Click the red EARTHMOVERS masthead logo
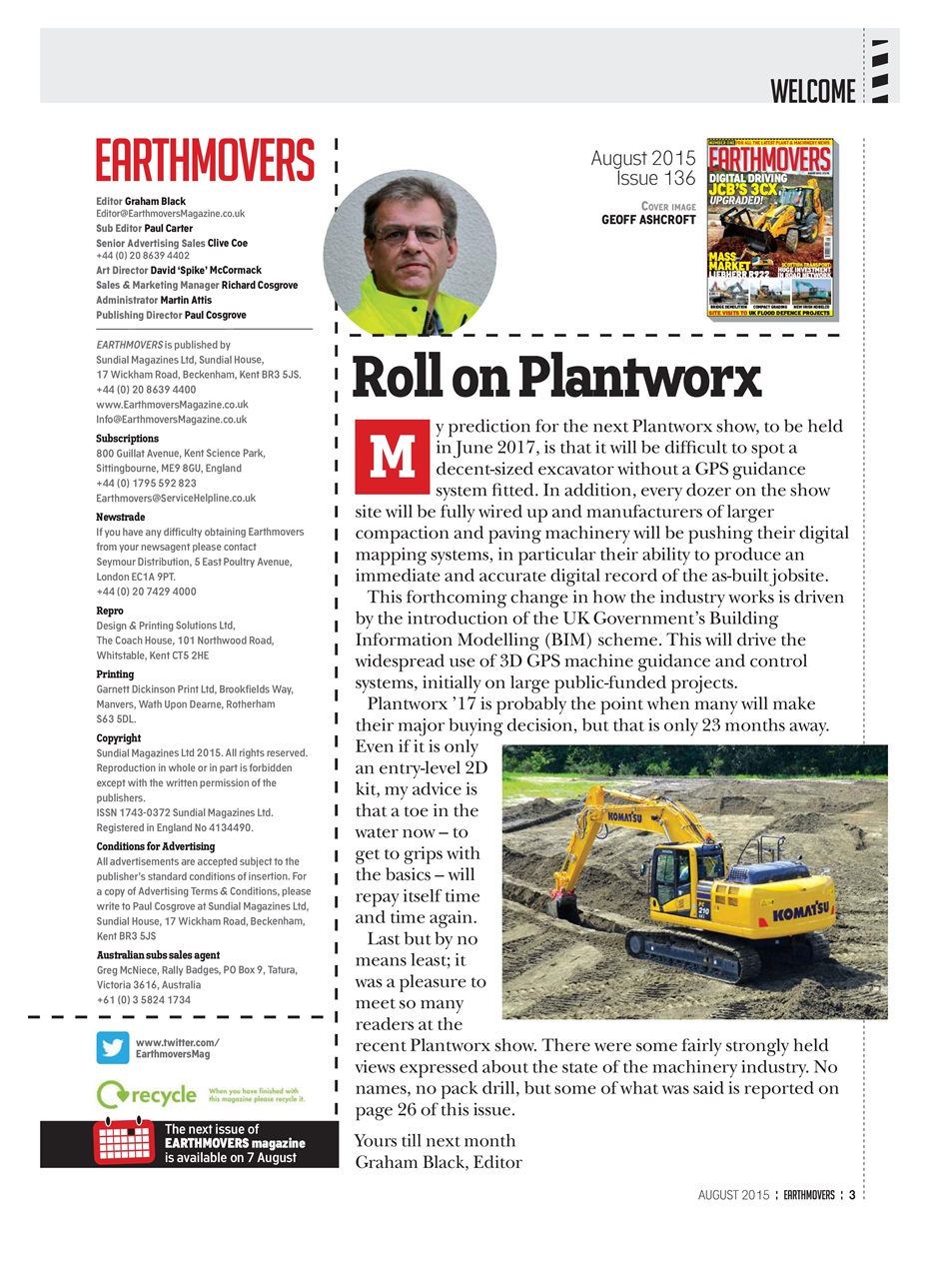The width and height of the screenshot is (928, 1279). coord(205,160)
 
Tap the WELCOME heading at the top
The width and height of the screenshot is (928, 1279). coord(813,92)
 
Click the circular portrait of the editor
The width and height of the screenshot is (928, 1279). coord(410,252)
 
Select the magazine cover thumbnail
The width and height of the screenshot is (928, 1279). coord(770,229)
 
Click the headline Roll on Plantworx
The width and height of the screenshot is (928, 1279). coord(556,378)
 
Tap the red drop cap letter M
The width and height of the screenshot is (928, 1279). coord(392,457)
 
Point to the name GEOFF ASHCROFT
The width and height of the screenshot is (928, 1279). coord(647,220)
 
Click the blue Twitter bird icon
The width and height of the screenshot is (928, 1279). coord(113,1047)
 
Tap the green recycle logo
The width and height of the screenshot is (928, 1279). coord(148,1094)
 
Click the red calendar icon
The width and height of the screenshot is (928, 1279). coord(124,1143)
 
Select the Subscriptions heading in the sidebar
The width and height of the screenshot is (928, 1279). coord(127,439)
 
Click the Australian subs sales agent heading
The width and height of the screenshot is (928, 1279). coord(158,955)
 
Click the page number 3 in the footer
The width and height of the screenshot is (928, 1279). coord(852,1194)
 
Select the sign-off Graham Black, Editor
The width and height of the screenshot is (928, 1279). coord(438,1162)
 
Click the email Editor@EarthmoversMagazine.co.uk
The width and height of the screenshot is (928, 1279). coord(170,214)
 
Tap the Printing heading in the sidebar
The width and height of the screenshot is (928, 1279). coord(115,674)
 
